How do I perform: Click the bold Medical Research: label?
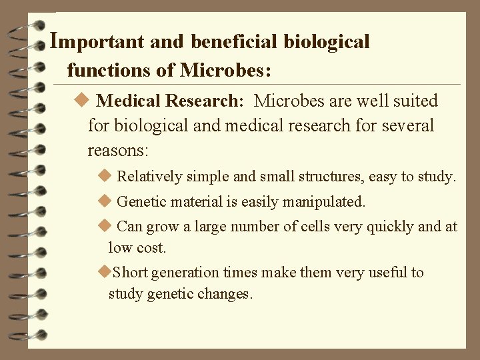[170, 101]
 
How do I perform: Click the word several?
[407, 125]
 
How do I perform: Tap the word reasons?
[118, 150]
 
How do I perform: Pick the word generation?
[184, 273]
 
